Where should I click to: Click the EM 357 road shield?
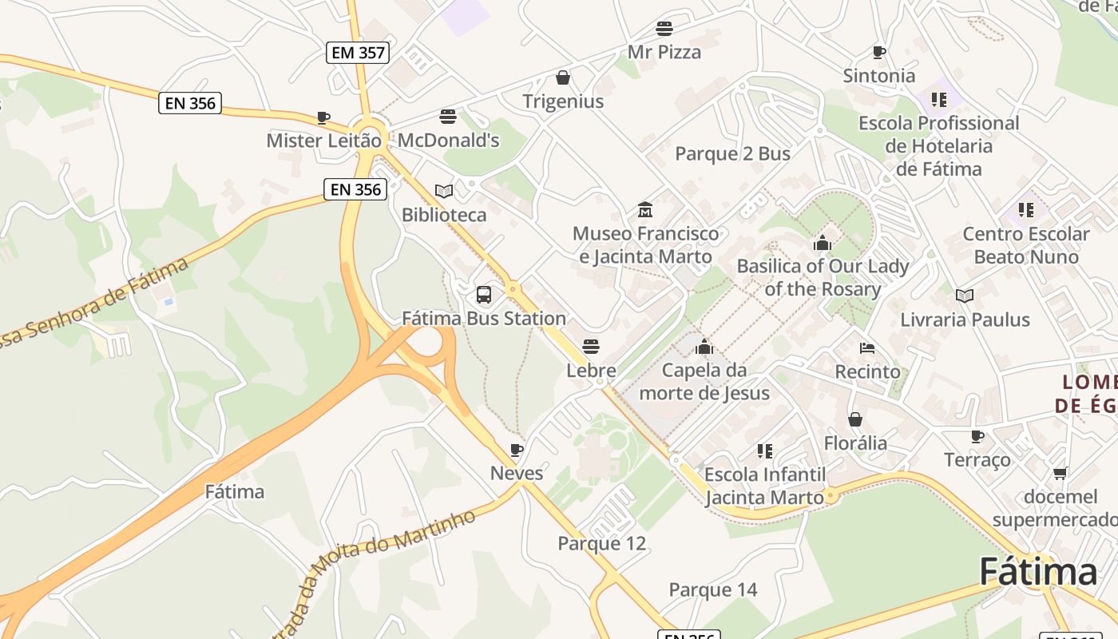coord(359,53)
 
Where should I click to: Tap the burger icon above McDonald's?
coord(448,117)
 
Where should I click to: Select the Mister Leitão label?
coord(323,141)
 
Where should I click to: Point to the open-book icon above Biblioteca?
coord(444,191)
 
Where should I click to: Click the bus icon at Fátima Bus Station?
coord(484,294)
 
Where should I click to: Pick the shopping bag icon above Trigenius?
coord(563,77)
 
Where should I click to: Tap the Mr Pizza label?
coord(664,52)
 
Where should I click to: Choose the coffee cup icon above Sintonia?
coord(879,52)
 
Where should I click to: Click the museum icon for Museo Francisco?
coord(645,210)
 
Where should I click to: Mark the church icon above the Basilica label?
coord(823,243)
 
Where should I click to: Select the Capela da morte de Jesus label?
coord(704,382)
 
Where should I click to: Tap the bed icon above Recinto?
coord(867,347)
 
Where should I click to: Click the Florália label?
coord(855,443)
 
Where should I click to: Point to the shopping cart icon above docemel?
coord(1061,473)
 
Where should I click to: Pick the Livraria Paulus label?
coord(965,319)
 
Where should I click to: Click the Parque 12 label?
coord(601,544)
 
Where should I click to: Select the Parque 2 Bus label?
coord(732,154)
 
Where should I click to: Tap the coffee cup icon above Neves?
coord(517,450)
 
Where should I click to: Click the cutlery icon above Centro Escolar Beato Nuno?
coord(1026,210)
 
